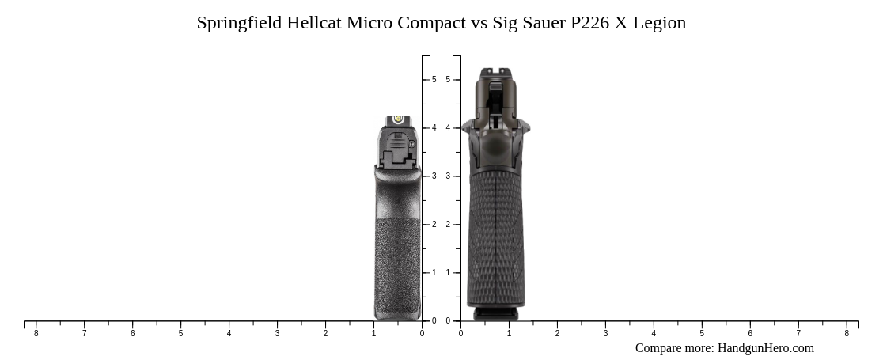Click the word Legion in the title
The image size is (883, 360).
click(x=659, y=22)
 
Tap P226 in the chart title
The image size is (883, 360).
click(x=589, y=22)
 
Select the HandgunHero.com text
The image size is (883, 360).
click(x=765, y=348)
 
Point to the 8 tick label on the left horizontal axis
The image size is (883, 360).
click(x=36, y=334)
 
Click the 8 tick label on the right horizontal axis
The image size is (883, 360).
click(x=847, y=334)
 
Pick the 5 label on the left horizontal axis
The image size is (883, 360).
click(x=180, y=334)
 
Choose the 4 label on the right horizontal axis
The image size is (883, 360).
click(x=654, y=334)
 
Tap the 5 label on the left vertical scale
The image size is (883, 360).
click(x=434, y=80)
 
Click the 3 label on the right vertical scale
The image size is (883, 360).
click(x=448, y=176)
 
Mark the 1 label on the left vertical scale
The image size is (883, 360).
click(x=434, y=273)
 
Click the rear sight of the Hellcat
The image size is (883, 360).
click(x=399, y=120)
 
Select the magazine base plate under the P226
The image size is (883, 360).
click(x=496, y=314)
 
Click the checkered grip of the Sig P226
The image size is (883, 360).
click(x=496, y=237)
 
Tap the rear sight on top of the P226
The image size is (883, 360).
click(x=496, y=73)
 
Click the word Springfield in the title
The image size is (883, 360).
click(x=238, y=22)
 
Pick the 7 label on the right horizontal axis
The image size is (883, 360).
click(x=798, y=334)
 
